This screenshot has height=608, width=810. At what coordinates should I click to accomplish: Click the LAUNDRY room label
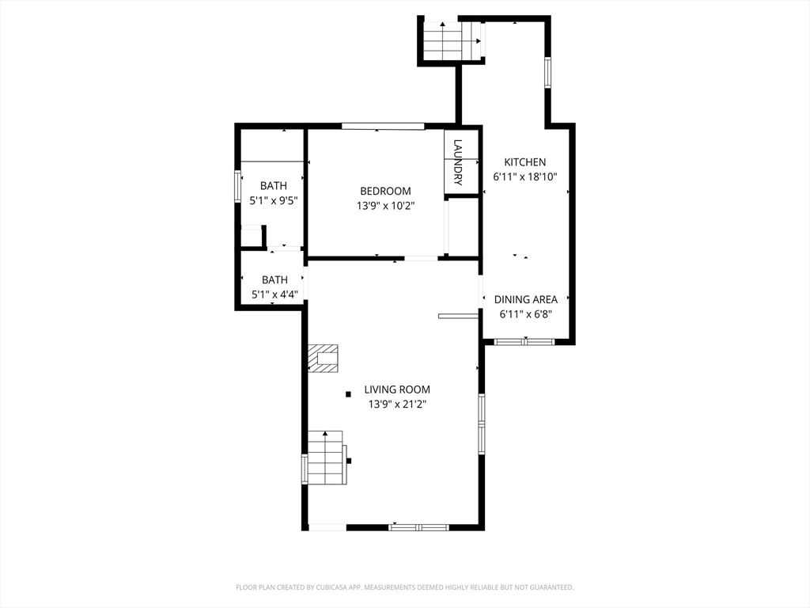458,162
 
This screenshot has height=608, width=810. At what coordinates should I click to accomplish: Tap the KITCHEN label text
525,161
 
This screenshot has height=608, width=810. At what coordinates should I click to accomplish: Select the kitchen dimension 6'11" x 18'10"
525,177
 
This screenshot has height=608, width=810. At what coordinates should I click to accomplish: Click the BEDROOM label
385,191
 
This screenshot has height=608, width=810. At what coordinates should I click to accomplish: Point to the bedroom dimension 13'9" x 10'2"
385,206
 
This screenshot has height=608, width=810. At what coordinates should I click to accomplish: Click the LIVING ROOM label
397,389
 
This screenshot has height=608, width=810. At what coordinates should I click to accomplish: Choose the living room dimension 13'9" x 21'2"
397,405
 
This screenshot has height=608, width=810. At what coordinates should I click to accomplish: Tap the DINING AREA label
526,299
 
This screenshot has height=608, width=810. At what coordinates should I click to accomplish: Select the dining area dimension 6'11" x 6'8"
526,314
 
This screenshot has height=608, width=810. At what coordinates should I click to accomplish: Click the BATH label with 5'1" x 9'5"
273,185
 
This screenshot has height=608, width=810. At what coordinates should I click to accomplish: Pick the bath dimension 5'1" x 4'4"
274,294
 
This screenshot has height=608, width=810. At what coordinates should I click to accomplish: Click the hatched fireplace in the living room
323,359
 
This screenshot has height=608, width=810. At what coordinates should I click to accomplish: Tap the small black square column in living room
348,394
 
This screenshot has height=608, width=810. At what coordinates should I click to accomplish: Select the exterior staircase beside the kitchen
452,41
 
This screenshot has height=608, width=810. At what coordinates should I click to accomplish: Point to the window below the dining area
524,341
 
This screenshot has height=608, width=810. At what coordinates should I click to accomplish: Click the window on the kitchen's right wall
547,73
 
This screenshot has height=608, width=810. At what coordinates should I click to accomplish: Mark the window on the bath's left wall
237,187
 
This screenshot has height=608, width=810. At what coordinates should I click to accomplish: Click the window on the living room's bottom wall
419,527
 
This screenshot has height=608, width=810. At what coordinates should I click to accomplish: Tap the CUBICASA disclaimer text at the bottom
404,587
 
